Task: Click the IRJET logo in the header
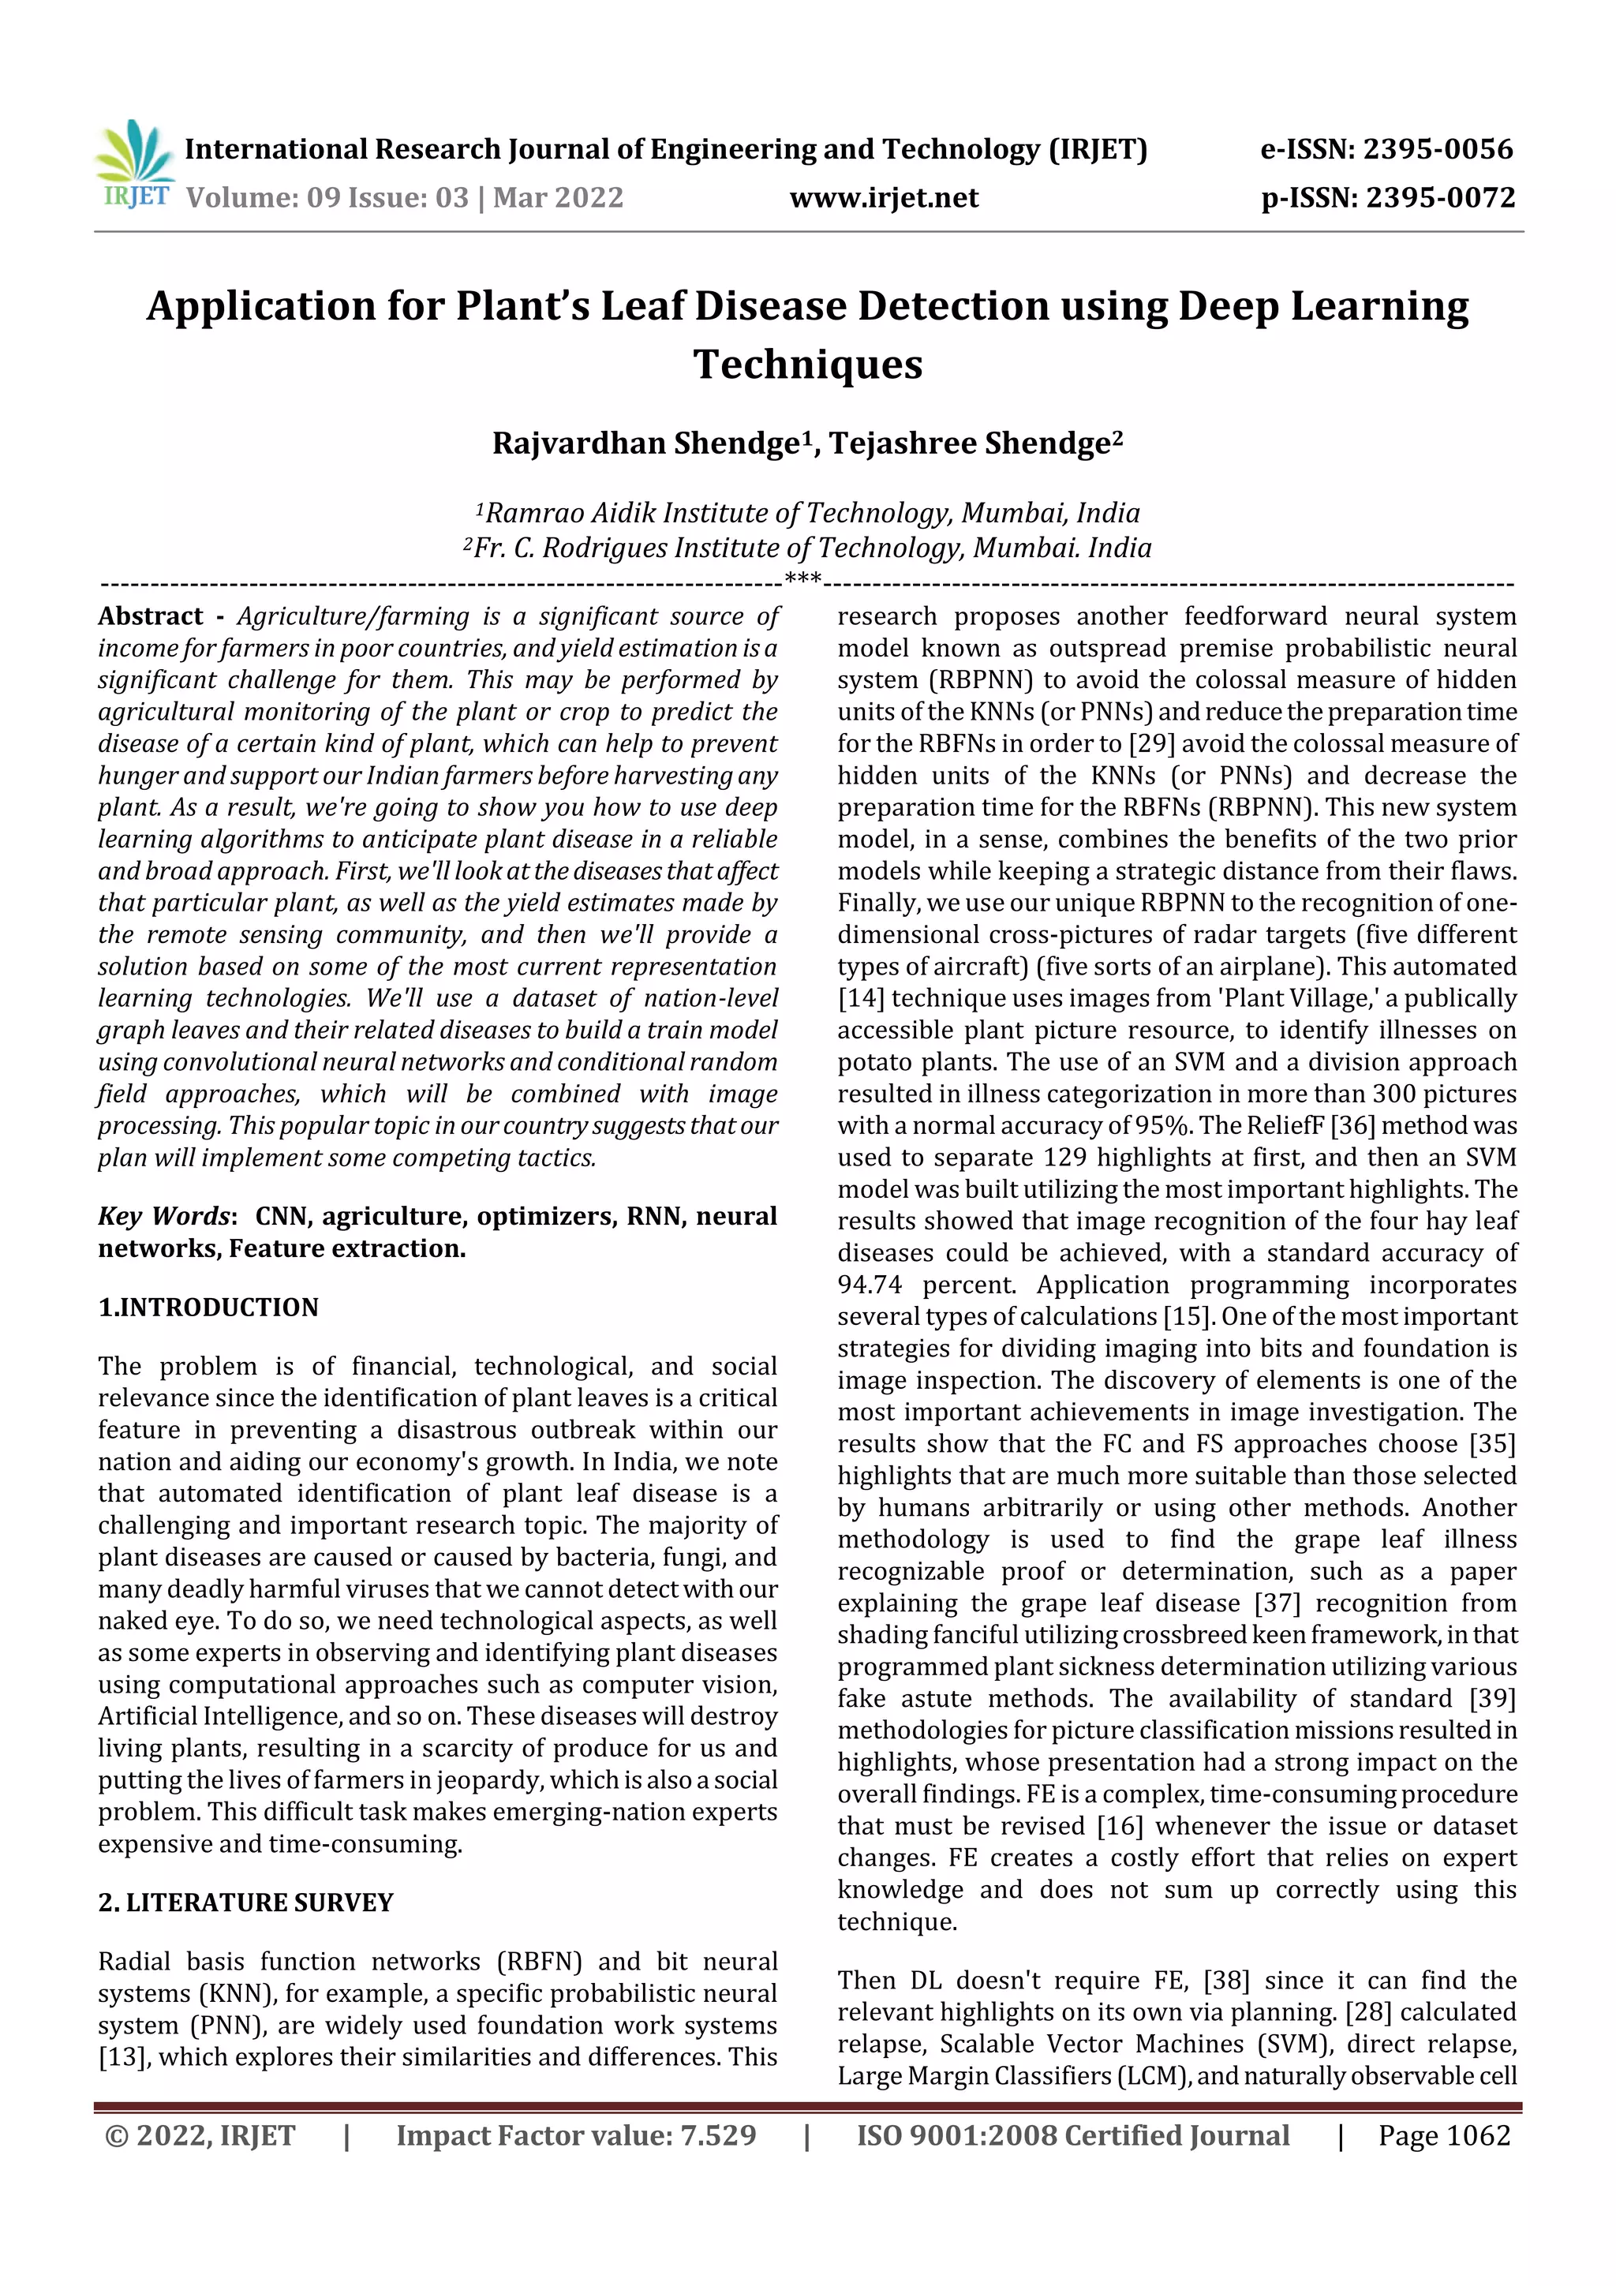[x=134, y=164]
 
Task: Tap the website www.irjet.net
[x=883, y=198]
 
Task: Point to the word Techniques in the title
[x=807, y=365]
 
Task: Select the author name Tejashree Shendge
[x=971, y=443]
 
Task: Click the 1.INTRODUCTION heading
[x=208, y=1308]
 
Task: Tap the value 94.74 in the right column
[x=870, y=1285]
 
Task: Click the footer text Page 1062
[x=1444, y=2135]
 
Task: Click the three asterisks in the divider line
[x=802, y=578]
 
